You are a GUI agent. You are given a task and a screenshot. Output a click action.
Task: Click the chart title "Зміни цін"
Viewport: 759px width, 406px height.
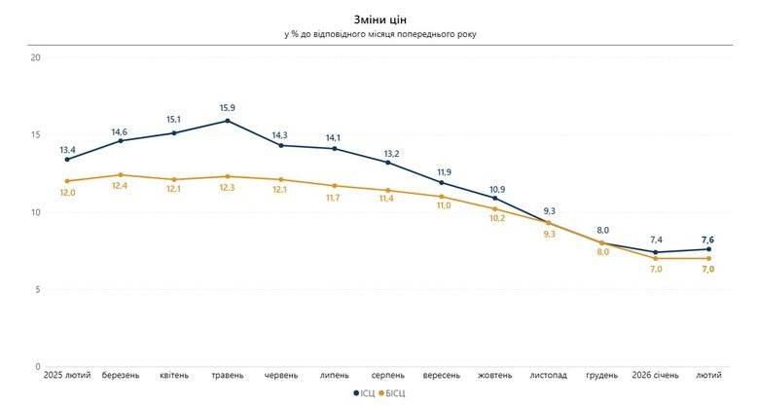point(379,18)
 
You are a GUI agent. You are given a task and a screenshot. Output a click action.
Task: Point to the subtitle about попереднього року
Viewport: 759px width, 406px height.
point(379,34)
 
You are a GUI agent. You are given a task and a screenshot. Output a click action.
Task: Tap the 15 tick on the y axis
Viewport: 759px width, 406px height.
point(35,134)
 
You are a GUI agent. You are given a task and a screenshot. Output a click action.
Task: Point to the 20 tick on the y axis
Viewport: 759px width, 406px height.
point(35,57)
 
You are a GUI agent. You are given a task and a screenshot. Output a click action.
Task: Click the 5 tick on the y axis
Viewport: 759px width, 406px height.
point(37,289)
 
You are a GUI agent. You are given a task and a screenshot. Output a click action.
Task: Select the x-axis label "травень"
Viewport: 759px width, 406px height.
point(227,374)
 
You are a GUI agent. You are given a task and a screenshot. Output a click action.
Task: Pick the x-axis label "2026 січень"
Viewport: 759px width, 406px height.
point(656,374)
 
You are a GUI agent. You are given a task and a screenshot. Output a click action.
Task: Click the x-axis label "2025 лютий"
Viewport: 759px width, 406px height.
point(67,374)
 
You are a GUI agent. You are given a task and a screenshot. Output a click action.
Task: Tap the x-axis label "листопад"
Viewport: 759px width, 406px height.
point(549,374)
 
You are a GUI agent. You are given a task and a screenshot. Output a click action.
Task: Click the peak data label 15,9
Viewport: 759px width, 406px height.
point(227,108)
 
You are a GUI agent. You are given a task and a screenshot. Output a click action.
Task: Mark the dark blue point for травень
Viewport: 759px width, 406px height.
point(227,121)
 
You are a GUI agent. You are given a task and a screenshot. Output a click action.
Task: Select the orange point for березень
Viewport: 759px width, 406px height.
point(121,175)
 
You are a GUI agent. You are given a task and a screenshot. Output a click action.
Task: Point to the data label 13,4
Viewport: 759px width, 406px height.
point(67,150)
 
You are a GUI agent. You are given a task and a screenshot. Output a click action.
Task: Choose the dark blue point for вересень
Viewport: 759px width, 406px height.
point(442,182)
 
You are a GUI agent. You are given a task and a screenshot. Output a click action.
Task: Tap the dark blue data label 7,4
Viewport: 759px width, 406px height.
point(656,240)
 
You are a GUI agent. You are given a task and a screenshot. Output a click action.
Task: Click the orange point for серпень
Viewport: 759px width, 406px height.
point(388,191)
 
